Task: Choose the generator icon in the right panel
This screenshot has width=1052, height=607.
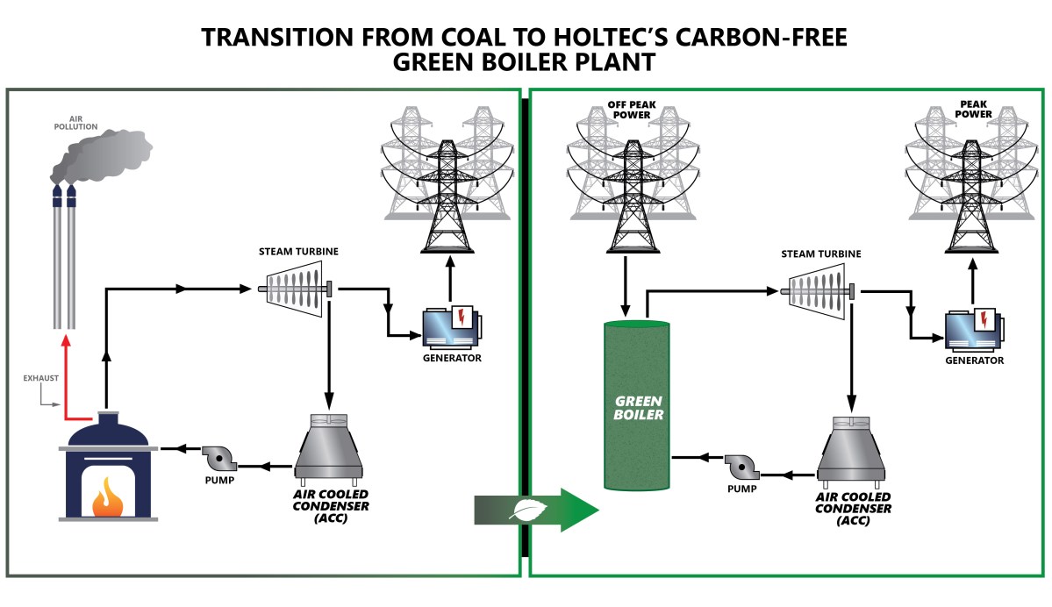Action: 971,332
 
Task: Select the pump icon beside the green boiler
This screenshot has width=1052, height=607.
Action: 740,464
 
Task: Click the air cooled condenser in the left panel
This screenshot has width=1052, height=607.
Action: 327,447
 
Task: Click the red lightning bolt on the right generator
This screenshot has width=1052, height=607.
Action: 984,316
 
